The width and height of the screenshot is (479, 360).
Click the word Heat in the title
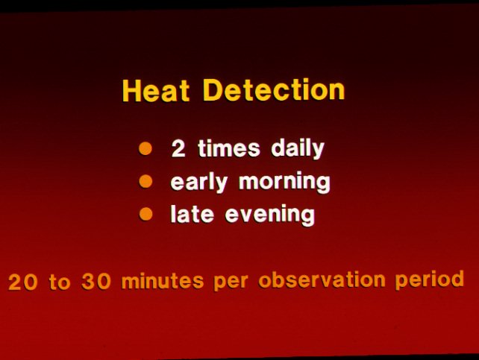(156, 91)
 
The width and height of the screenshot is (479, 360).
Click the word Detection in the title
(274, 90)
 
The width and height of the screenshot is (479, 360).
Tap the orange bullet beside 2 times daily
(145, 148)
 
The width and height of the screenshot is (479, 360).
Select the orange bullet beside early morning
(145, 182)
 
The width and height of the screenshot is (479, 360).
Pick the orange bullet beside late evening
(145, 214)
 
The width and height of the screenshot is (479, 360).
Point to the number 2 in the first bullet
(178, 148)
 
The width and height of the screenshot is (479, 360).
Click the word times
(229, 148)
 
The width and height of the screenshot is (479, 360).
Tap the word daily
(298, 149)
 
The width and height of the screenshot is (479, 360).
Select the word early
(199, 183)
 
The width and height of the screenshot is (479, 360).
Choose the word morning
(284, 182)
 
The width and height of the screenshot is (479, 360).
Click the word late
(192, 214)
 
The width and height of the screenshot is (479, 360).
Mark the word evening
(270, 215)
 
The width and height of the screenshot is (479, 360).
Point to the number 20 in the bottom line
(23, 282)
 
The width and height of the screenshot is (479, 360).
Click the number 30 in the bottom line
(96, 281)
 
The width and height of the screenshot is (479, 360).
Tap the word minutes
(163, 280)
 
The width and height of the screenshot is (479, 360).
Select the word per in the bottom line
(231, 281)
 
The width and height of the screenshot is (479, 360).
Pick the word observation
(322, 280)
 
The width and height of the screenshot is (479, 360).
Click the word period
(430, 280)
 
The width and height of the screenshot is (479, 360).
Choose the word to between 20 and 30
(60, 282)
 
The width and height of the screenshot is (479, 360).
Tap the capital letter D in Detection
(213, 90)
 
